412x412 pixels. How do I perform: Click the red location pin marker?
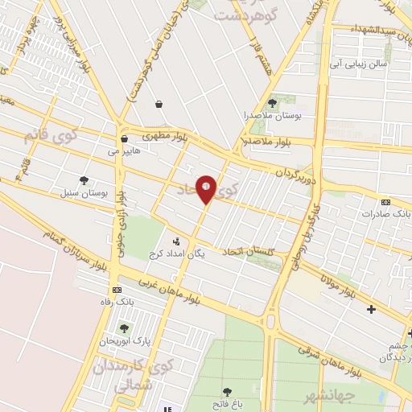[207, 189]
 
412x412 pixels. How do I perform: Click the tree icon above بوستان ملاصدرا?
[272, 103]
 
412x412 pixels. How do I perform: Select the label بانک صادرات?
[381, 214]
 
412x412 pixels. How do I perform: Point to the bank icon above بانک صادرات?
[385, 202]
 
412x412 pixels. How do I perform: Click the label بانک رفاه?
[112, 302]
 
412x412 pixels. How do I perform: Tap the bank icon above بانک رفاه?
[117, 290]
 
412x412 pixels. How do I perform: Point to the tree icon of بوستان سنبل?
[84, 180]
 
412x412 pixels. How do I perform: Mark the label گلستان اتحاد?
[247, 252]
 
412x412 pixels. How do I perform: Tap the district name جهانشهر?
[311, 398]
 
